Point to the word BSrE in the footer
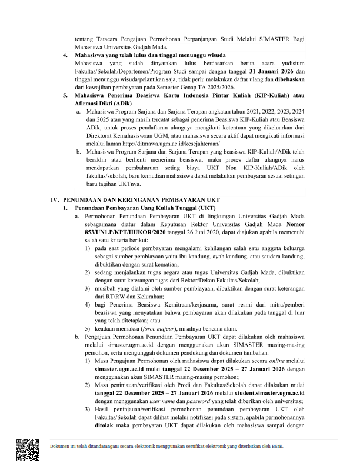pos(277,446)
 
